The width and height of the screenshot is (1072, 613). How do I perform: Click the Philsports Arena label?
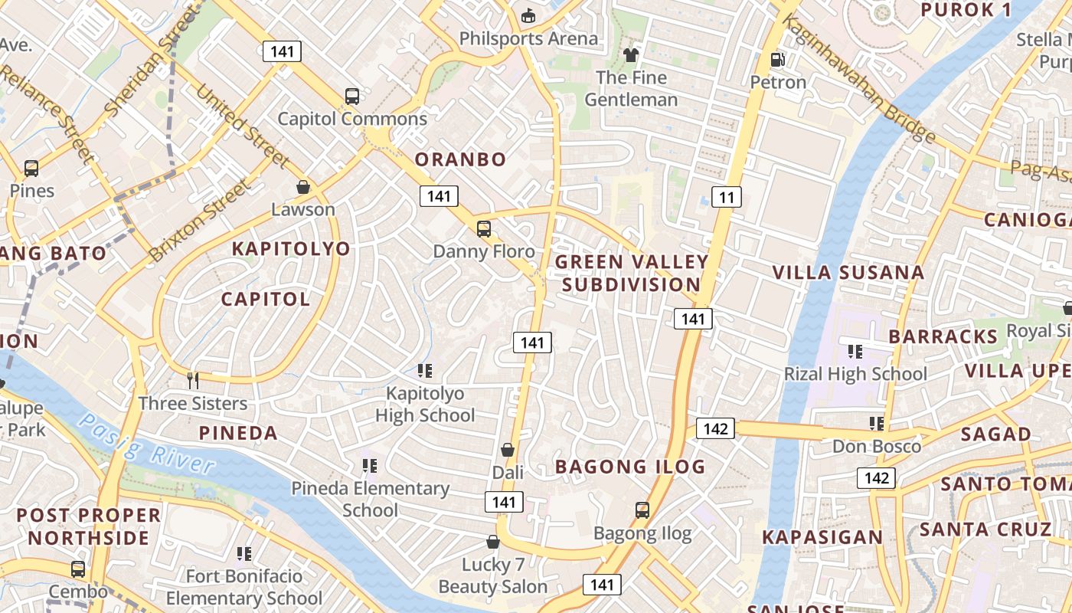528,38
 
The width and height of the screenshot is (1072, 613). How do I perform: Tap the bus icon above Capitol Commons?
352,97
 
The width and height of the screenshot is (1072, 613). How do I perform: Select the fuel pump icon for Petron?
778,59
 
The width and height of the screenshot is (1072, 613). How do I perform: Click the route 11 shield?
727,198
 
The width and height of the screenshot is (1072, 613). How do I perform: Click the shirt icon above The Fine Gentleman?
631,55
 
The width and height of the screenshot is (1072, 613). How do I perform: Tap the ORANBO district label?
460,159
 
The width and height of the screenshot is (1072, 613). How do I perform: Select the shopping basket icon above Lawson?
303,187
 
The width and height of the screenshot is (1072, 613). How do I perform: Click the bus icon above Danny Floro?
483,228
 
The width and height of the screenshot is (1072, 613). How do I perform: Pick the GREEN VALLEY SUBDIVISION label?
632,273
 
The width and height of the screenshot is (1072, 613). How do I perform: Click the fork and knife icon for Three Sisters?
193,380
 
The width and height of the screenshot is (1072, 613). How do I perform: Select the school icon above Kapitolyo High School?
425,371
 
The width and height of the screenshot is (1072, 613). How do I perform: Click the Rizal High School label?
855,374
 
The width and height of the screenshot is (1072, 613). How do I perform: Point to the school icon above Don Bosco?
877,424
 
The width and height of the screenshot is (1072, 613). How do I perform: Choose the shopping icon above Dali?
507,450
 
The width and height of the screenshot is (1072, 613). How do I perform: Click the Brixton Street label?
200,221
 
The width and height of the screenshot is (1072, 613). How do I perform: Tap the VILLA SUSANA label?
848,273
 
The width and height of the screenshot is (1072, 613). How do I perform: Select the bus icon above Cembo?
78,569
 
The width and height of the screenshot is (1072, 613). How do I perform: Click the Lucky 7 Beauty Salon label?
492,576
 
